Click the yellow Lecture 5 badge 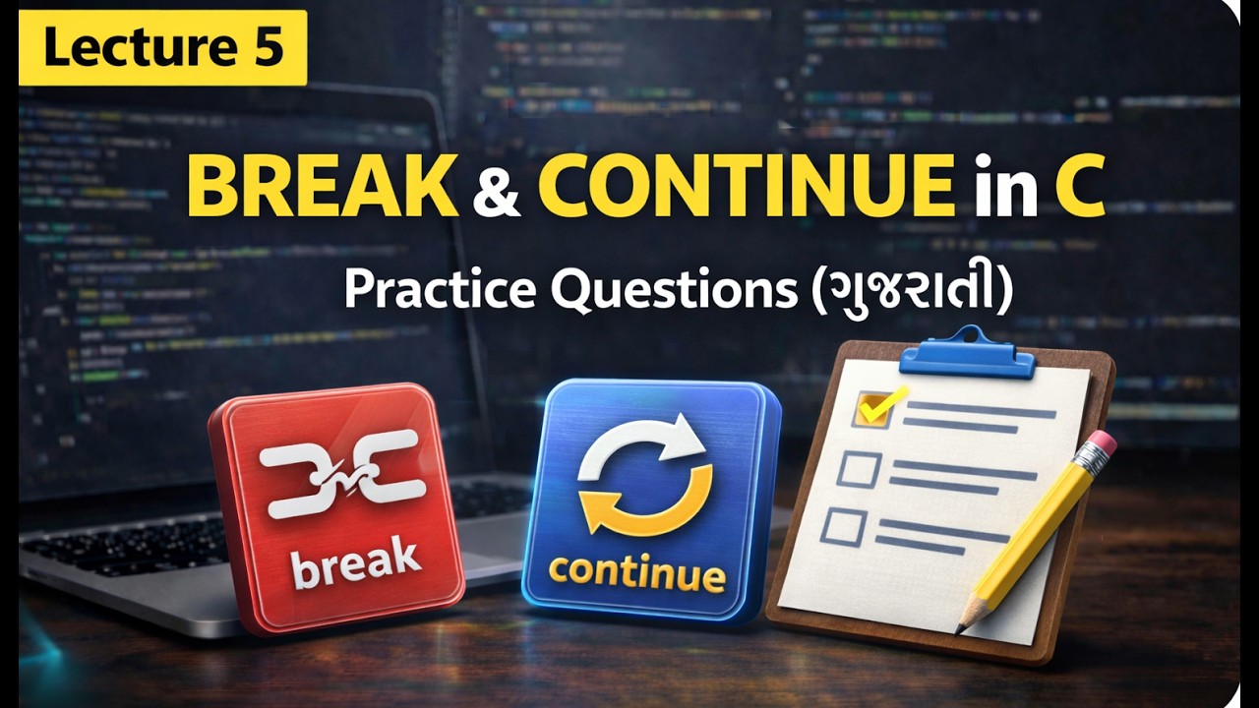pos(162,47)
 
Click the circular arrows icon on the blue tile pos(645,477)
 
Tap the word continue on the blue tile pos(637,572)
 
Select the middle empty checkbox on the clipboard pos(858,469)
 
